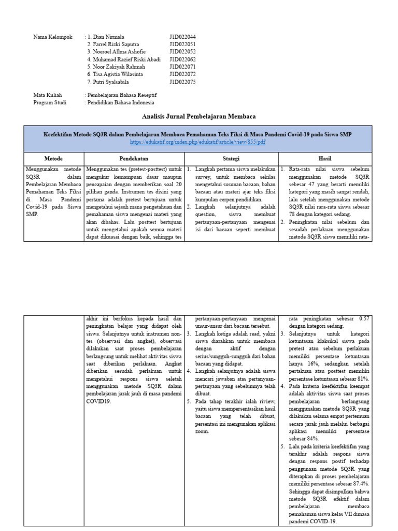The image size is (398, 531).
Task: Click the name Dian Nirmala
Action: [x=109, y=37]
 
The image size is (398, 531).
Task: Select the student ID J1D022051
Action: [x=182, y=45]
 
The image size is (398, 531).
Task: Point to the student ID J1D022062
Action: [x=182, y=60]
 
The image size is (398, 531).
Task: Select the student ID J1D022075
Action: [x=182, y=82]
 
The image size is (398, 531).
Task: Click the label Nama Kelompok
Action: [x=53, y=37]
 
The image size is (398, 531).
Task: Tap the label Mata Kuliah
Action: [x=48, y=95]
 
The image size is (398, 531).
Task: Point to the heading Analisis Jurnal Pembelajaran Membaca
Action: [x=198, y=116]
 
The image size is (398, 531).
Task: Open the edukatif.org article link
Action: [x=197, y=142]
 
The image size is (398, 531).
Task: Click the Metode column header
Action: [x=54, y=158]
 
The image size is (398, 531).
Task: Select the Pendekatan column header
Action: [x=134, y=158]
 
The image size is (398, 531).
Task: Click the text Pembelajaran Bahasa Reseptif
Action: [x=122, y=95]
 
